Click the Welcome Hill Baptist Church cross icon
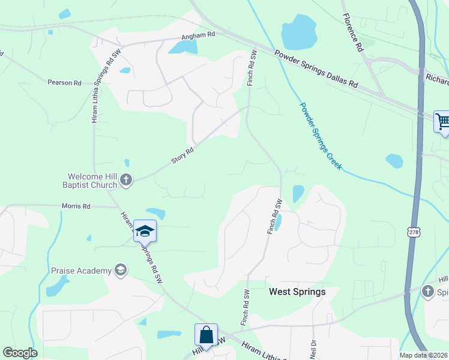pos(126,179)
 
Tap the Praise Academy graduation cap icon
pos(121,271)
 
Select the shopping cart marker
pos(442,122)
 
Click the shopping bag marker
pos(206,335)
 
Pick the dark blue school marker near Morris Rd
pos(145,230)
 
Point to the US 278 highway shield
pos(412,232)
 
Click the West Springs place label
pos(297,292)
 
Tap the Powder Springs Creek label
pos(321,136)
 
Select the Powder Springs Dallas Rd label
pos(316,71)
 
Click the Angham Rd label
pos(199,35)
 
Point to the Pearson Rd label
pos(65,82)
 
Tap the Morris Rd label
pos(76,206)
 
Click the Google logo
pos(20,353)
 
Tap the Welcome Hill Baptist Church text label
pos(92,181)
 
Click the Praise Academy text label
pos(81,271)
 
